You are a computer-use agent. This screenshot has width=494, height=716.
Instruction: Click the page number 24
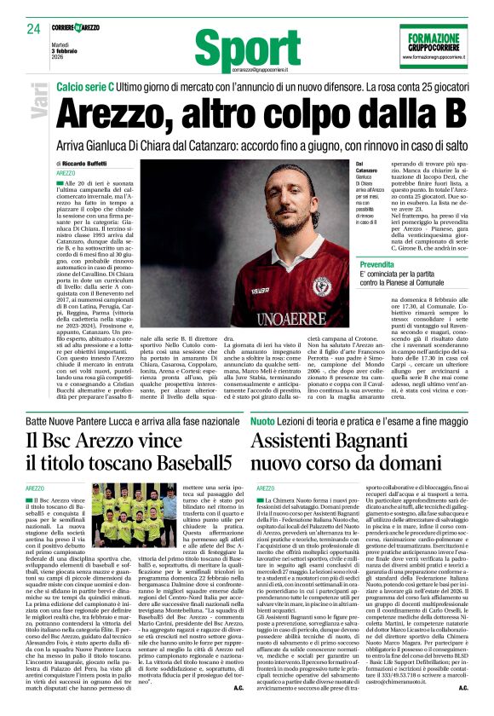coord(34,28)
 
